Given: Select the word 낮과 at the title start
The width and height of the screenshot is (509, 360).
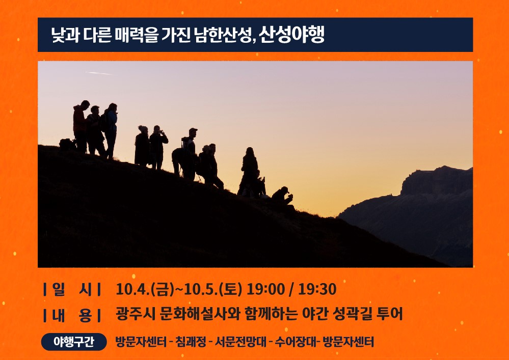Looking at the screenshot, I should [x=64, y=35].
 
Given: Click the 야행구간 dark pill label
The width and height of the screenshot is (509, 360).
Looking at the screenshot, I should [x=74, y=342].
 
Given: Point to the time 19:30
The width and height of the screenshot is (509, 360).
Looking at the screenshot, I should [x=317, y=289].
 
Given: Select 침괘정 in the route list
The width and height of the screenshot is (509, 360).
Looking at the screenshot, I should [x=192, y=342].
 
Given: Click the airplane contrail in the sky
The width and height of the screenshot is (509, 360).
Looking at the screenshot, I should [x=99, y=73].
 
